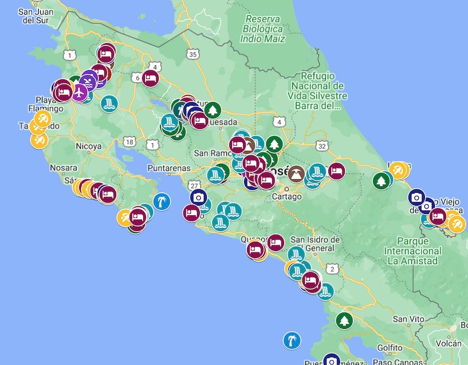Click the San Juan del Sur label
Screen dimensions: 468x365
[x=35, y=15]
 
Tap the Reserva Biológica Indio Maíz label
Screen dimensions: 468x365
[x=263, y=28]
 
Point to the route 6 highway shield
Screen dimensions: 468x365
[x=137, y=77]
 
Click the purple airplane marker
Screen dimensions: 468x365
[x=78, y=92]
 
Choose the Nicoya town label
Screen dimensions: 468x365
[x=89, y=146]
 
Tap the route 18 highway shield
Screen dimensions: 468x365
[x=130, y=142]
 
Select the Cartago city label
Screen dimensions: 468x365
[x=286, y=196]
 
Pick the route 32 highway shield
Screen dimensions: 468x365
[x=321, y=145]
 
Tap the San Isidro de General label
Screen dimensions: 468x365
[x=315, y=244]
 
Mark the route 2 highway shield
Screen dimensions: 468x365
[x=332, y=269]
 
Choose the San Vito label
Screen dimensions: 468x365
[x=408, y=319]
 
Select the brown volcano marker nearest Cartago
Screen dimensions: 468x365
[x=296, y=173]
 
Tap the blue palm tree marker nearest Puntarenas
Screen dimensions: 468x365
[x=162, y=202]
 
